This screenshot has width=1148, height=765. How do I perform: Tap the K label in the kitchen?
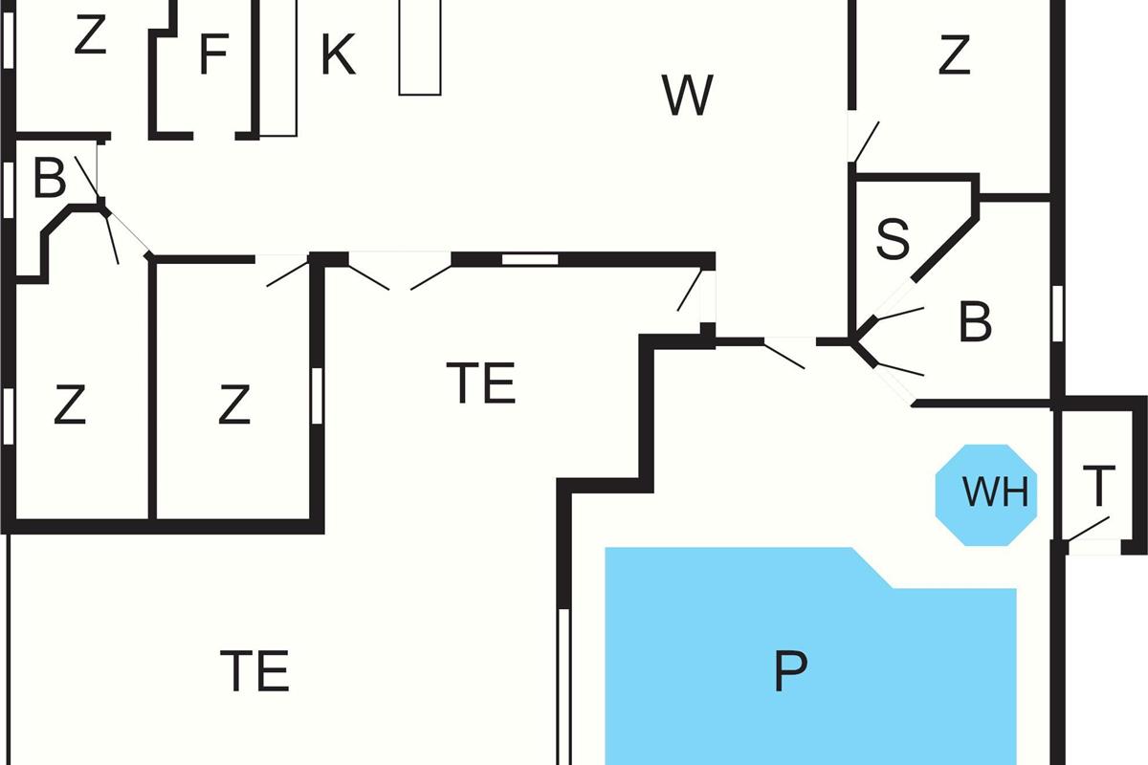click(338, 55)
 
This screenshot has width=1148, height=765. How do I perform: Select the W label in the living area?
click(687, 96)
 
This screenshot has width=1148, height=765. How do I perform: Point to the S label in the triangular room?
click(893, 240)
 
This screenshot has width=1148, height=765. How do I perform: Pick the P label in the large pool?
click(790, 671)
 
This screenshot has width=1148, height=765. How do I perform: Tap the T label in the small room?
click(1099, 487)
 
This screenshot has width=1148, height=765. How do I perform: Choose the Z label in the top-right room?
click(954, 55)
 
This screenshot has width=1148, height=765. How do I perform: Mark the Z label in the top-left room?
click(88, 37)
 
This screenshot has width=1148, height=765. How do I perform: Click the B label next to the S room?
click(975, 323)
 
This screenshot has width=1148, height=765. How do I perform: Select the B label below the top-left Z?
click(50, 179)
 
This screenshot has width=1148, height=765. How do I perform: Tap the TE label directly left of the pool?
click(254, 671)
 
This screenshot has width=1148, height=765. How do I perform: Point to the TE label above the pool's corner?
click(481, 383)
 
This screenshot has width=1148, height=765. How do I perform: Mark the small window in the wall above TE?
click(530, 258)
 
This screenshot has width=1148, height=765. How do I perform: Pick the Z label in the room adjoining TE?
click(233, 406)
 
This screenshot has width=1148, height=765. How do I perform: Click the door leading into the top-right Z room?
click(864, 142)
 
